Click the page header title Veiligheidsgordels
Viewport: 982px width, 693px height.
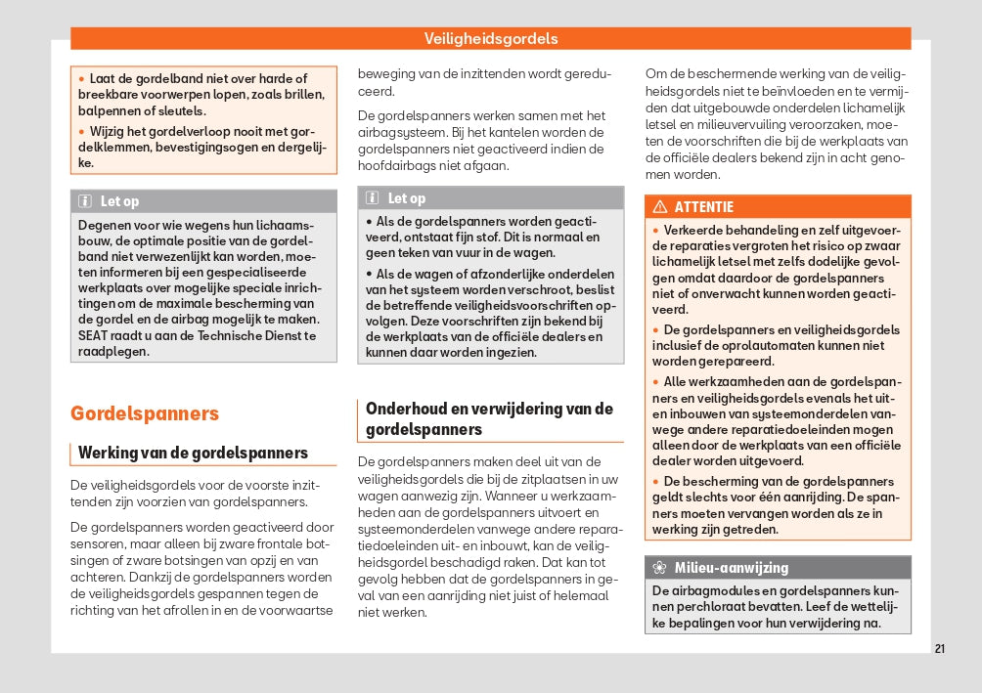491,39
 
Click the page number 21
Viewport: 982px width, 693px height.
939,648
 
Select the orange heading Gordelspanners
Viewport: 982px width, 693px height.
145,413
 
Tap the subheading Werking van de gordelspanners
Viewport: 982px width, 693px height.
193,453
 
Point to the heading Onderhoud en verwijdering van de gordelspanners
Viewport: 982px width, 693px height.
489,418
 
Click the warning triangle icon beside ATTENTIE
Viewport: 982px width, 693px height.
659,207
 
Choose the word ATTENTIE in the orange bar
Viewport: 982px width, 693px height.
703,207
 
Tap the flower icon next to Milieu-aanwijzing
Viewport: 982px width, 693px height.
659,568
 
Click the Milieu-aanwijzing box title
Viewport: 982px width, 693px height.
731,568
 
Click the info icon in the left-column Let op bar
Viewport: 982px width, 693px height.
85,201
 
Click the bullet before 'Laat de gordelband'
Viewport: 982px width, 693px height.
82,79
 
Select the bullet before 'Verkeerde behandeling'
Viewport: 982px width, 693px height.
656,231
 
